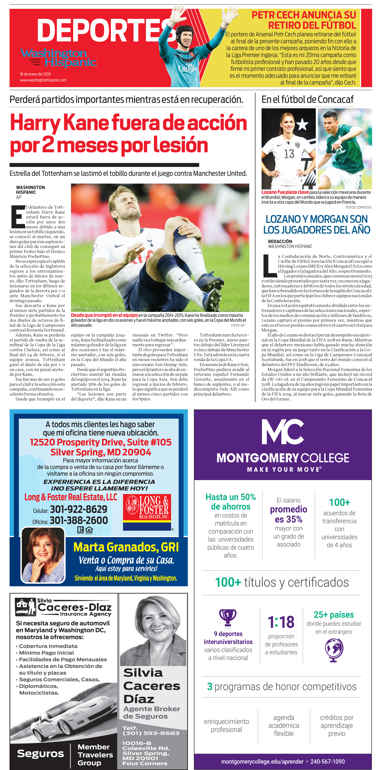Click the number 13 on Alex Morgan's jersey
289,154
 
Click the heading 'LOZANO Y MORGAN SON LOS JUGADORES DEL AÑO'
317,225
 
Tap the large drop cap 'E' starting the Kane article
18,217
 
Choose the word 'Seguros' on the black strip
40,754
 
